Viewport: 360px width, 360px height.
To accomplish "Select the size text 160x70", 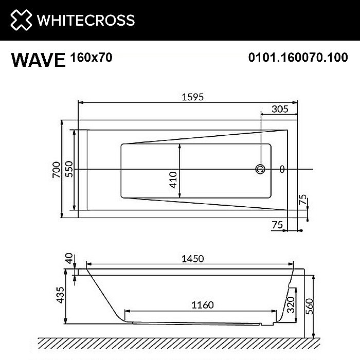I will (91, 58).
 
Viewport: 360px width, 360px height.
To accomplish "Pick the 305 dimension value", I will (279, 109).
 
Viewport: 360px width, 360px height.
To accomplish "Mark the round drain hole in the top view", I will (261, 169).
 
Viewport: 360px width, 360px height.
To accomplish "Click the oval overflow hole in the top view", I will (281, 169).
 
